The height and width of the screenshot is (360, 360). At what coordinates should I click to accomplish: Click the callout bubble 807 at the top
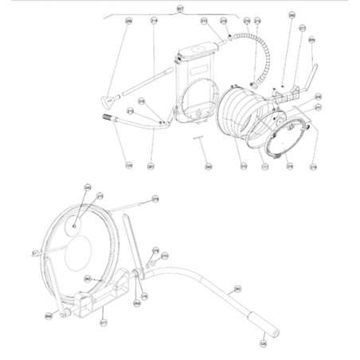coord(179,7)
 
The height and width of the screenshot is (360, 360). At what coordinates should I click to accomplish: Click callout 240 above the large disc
coord(88,188)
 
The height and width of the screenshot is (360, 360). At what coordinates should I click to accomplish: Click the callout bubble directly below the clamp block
coord(103,323)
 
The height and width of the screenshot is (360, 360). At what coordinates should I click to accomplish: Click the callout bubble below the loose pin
coord(208,166)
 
